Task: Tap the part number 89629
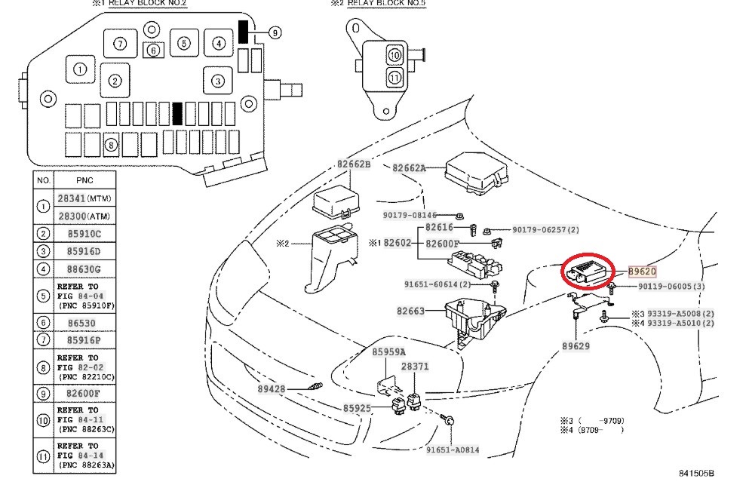tap(576, 346)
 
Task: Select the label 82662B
tap(354, 164)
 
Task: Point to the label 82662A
tap(409, 168)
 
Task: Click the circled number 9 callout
tap(274, 32)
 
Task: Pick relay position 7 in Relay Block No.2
tap(121, 43)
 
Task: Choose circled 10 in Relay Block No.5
tap(394, 55)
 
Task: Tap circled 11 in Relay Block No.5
tap(394, 77)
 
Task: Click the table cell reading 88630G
tap(84, 269)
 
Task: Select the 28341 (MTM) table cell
tap(84, 198)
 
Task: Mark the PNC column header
tap(84, 181)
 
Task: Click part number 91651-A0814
tap(453, 450)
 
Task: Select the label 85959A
tap(388, 352)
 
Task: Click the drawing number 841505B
tap(695, 473)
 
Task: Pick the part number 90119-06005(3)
tap(672, 287)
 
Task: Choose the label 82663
tap(410, 311)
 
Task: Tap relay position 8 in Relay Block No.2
tap(111, 145)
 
